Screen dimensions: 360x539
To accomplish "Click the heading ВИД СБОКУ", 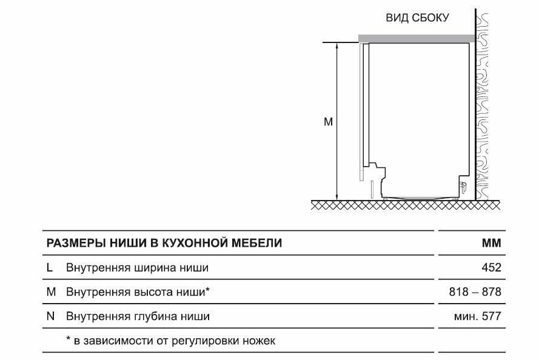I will pos(417,18).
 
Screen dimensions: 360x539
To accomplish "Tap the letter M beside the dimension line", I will pos(328,122).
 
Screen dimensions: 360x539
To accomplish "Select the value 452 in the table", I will pos(490,267).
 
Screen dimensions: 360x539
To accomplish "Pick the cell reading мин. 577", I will pos(477,316).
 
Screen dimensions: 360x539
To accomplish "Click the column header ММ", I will pos(492,243).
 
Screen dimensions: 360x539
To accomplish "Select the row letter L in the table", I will pos(49,267).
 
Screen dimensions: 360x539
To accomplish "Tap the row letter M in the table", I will pos(51,292).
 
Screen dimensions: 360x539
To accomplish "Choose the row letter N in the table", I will pos(50,316).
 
